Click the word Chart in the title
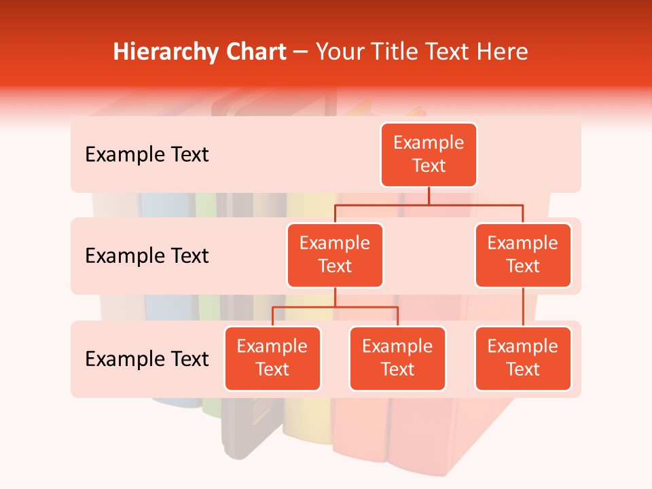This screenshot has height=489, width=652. pos(259,52)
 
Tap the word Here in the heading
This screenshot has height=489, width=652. pos(502,52)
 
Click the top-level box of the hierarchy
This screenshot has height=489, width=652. pos(429,155)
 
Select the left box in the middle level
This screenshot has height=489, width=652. pos(335,255)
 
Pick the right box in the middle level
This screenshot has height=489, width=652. pos(523,255)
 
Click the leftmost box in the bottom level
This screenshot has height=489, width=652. pos(272,359)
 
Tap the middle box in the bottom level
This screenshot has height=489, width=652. pos(397,359)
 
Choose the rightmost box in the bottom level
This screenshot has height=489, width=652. pos(523,359)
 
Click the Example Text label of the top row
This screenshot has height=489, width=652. pos(147,155)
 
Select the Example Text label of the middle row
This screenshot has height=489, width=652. pos(147,256)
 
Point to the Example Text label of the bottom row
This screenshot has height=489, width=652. pos(147,359)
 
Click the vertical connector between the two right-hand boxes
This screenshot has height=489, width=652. pos(523,307)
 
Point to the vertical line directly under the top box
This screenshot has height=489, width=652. pos(429,196)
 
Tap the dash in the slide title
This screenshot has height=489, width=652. pos(301,53)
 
